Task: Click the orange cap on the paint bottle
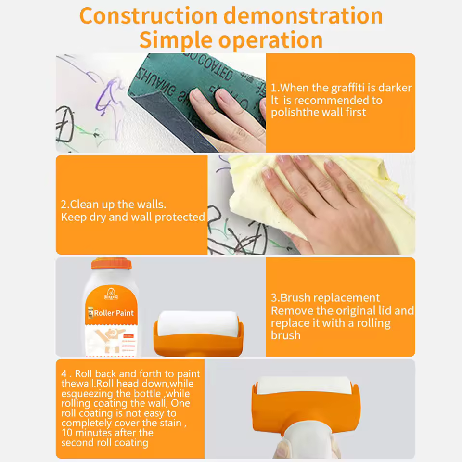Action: coord(111,264)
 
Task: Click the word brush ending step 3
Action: coord(285,335)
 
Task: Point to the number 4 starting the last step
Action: coord(64,374)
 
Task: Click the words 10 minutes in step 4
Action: coord(85,433)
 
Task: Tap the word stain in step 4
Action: coord(171,423)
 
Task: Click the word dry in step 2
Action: coord(98,218)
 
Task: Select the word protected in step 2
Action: coord(180,218)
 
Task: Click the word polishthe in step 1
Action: coord(295,113)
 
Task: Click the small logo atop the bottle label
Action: coord(112,291)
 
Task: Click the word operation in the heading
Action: coord(270,39)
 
